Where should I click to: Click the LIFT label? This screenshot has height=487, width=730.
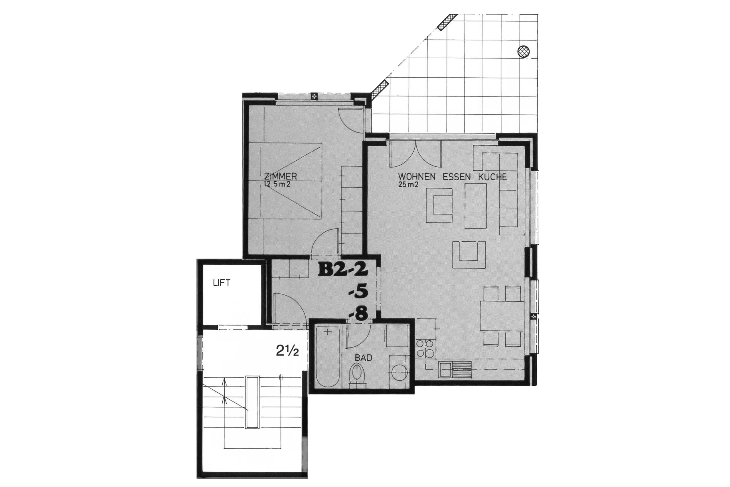pyautogui.click(x=222, y=283)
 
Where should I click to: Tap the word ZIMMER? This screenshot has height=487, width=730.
pyautogui.click(x=280, y=176)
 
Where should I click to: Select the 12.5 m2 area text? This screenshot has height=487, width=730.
pyautogui.click(x=277, y=185)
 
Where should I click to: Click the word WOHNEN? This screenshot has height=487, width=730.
pyautogui.click(x=417, y=177)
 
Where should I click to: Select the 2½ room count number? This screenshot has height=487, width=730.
pyautogui.click(x=287, y=351)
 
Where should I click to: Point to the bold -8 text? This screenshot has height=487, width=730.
pyautogui.click(x=358, y=314)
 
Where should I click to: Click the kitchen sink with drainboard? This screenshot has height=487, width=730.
pyautogui.click(x=455, y=369)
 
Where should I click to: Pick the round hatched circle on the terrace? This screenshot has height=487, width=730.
pyautogui.click(x=524, y=51)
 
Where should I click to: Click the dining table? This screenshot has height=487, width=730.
pyautogui.click(x=502, y=316)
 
